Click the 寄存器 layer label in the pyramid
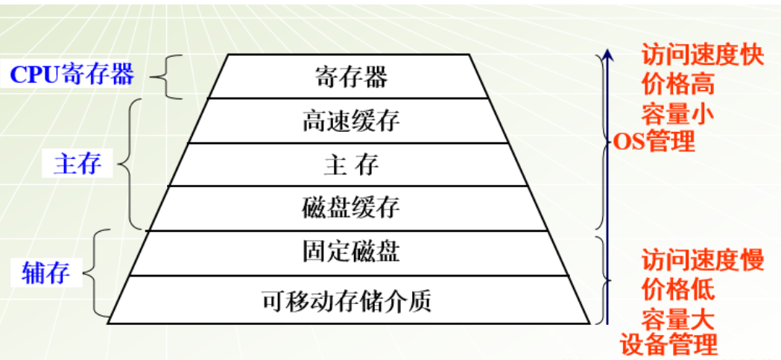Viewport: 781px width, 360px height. [x=351, y=78]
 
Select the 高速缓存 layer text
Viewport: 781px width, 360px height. [x=351, y=121]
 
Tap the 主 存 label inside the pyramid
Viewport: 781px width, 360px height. [x=351, y=165]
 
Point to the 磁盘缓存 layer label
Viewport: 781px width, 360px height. [x=351, y=208]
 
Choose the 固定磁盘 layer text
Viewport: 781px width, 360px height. [x=351, y=251]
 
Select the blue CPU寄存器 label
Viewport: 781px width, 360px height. [x=72, y=75]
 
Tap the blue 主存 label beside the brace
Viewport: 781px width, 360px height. [x=78, y=164]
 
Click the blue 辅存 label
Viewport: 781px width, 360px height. [x=45, y=273]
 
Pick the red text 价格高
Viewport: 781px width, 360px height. [x=677, y=86]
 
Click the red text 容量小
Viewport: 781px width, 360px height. [x=677, y=115]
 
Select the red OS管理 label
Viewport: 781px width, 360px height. [x=654, y=142]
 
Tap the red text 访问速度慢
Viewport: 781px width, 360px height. [x=702, y=261]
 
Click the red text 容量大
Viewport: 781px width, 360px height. [x=677, y=319]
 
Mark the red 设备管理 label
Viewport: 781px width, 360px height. [x=668, y=344]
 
